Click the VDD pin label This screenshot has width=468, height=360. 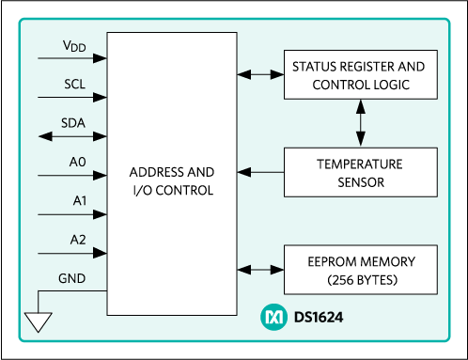[x=74, y=46]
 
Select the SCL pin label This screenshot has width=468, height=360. [x=74, y=84]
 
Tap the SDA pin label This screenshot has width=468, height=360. [x=73, y=123]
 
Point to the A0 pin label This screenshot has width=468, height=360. [x=77, y=162]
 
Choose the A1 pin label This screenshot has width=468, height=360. [x=80, y=201]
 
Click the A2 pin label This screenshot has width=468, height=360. [x=78, y=240]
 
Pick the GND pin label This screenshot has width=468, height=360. [x=71, y=278]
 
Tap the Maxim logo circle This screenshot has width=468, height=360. [x=273, y=317]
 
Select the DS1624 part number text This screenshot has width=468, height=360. [x=319, y=318]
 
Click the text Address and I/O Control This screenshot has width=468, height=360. [x=172, y=181]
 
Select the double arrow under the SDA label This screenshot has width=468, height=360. [x=72, y=136]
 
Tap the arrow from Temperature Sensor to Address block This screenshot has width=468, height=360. [x=260, y=172]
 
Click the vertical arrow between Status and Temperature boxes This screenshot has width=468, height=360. [x=361, y=123]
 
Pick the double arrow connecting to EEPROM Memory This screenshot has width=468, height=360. [x=260, y=270]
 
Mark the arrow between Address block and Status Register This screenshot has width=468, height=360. [x=260, y=74]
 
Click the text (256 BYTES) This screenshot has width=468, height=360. [x=363, y=280]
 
